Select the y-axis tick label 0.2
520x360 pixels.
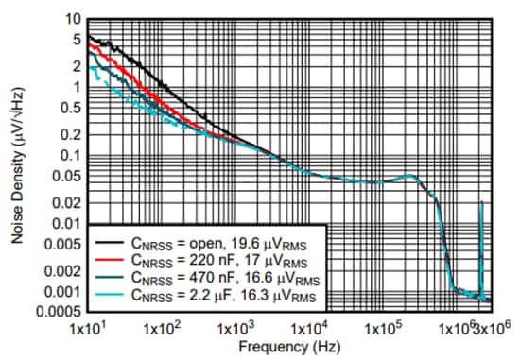click(68, 132)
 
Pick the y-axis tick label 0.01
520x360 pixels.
click(64, 224)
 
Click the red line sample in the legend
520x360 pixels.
click(108, 257)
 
